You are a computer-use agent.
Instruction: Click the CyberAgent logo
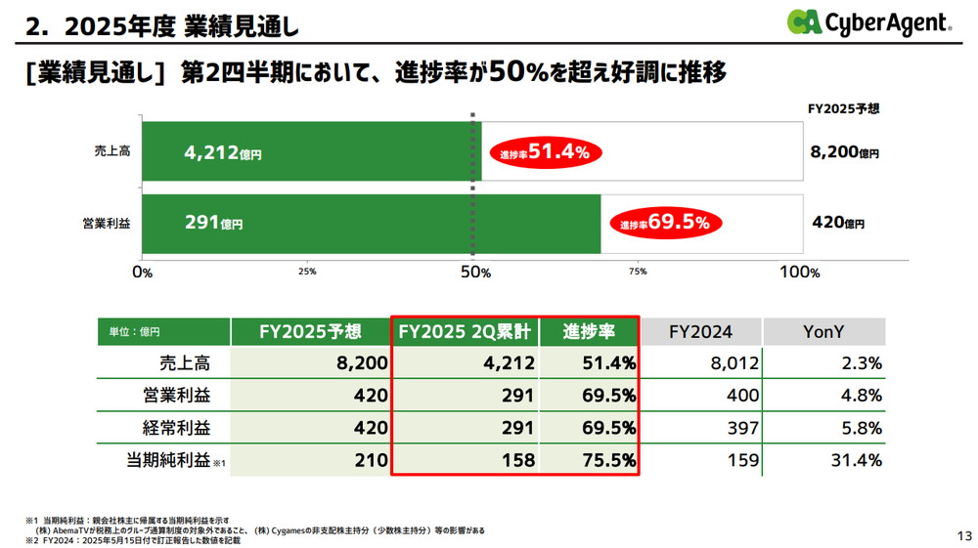868,22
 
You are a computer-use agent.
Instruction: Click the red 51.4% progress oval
545,152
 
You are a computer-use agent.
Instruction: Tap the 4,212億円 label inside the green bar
223,152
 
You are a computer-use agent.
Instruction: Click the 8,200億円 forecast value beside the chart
845,152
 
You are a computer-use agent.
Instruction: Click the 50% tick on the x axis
476,273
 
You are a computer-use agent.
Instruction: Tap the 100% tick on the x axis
799,273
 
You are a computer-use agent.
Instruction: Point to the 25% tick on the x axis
307,273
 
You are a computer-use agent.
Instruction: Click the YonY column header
823,332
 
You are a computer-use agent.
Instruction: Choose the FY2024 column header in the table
700,332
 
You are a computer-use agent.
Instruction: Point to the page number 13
963,535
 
